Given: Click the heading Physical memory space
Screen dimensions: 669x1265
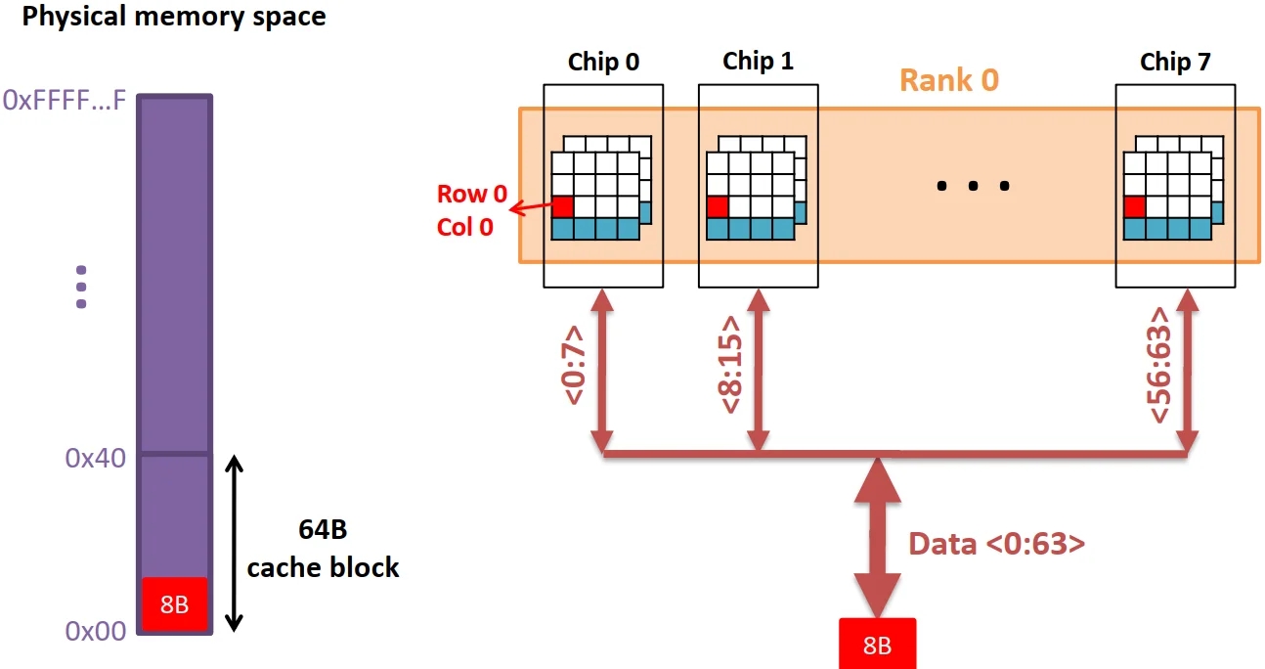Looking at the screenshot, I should pyautogui.click(x=174, y=18).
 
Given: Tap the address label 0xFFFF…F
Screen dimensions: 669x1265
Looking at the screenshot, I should pyautogui.click(x=65, y=101).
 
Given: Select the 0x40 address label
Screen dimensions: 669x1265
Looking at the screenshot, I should pyautogui.click(x=95, y=458).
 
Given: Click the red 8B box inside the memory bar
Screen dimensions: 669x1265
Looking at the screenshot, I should pyautogui.click(x=174, y=603).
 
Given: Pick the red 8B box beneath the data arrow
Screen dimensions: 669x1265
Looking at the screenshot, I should pyautogui.click(x=876, y=645).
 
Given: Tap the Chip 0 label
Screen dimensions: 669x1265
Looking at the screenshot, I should pyautogui.click(x=603, y=63).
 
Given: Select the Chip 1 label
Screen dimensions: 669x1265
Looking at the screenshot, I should pyautogui.click(x=758, y=62).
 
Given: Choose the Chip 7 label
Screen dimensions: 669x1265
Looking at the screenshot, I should pyautogui.click(x=1175, y=63).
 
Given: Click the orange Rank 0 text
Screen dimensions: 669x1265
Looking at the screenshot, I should pyautogui.click(x=948, y=79).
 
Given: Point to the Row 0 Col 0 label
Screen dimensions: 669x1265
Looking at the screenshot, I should pyautogui.click(x=472, y=210).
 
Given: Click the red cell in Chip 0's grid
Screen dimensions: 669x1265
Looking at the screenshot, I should pyautogui.click(x=562, y=206).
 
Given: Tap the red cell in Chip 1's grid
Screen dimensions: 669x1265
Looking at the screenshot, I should pyautogui.click(x=717, y=206).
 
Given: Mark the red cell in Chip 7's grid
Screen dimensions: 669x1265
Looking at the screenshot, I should pyautogui.click(x=1134, y=206).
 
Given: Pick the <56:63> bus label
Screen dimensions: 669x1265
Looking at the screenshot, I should pyautogui.click(x=1160, y=366).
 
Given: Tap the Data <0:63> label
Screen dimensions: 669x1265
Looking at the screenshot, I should pyautogui.click(x=996, y=544).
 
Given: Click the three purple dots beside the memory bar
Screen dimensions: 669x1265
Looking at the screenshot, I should pyautogui.click(x=81, y=288).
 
